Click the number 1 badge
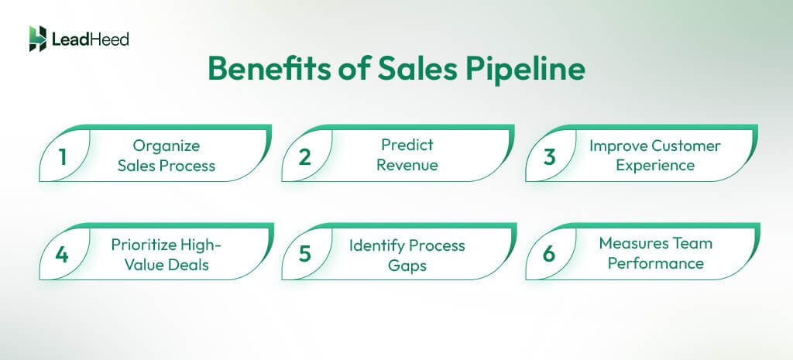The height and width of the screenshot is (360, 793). click(x=63, y=156)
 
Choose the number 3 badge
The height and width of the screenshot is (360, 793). click(x=551, y=156)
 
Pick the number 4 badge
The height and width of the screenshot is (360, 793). click(x=63, y=255)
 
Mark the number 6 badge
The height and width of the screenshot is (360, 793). click(x=551, y=255)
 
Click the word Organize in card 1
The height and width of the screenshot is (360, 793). click(x=166, y=146)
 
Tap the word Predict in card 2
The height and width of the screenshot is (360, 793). click(x=407, y=145)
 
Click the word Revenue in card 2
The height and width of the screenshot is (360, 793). click(x=407, y=165)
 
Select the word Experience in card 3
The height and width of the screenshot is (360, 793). click(x=655, y=165)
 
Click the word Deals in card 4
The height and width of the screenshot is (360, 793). click(x=189, y=265)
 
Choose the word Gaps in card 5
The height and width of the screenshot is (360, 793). click(x=407, y=265)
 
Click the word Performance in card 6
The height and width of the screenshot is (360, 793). click(x=655, y=263)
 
